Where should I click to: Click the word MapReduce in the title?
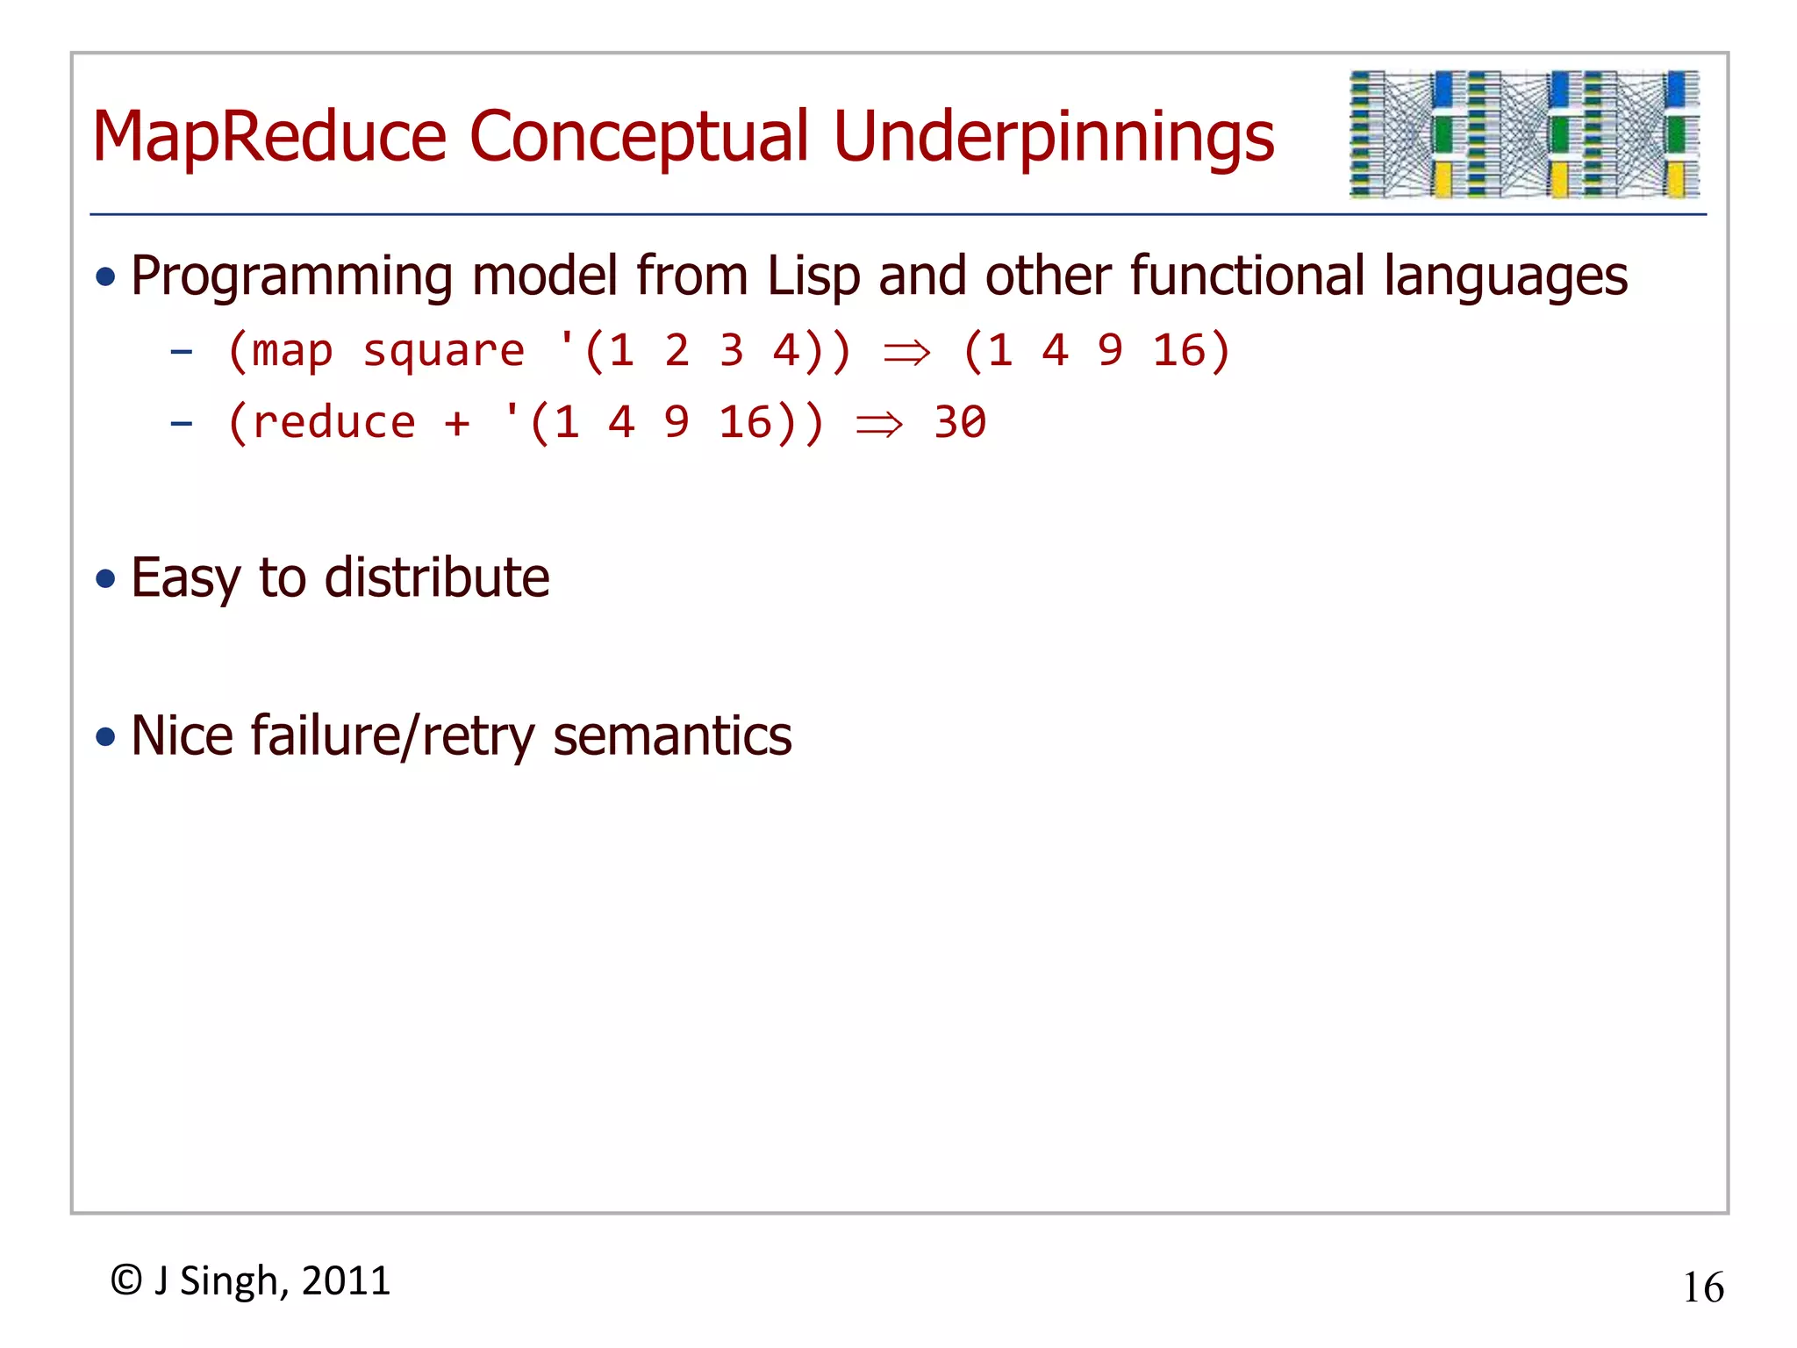click(x=269, y=138)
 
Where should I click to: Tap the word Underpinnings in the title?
click(x=1054, y=138)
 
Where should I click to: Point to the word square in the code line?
click(x=443, y=352)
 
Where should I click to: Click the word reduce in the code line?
click(x=333, y=423)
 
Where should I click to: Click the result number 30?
click(x=960, y=423)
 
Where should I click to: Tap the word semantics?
click(x=672, y=735)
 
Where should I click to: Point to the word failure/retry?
click(x=392, y=735)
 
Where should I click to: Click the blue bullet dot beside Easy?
click(x=106, y=579)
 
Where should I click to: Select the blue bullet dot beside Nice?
click(x=106, y=736)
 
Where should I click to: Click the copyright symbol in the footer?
click(x=126, y=1280)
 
